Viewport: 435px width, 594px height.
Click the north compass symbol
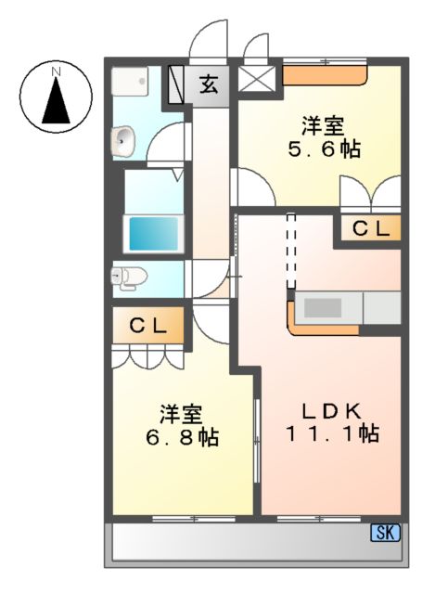(x=56, y=96)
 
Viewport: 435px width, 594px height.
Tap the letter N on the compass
(x=57, y=71)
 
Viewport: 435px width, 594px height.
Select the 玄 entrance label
(x=209, y=85)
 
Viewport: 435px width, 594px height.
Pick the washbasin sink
(x=123, y=142)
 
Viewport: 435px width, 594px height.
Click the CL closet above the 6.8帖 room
(x=147, y=326)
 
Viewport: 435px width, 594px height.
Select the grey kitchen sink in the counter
(x=325, y=307)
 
